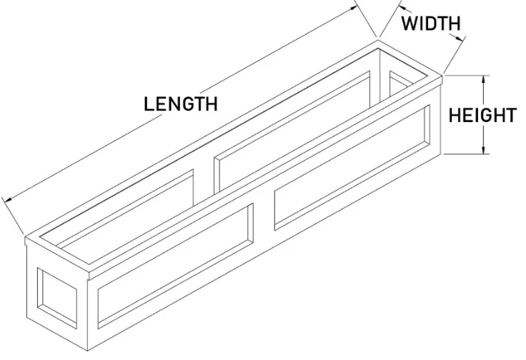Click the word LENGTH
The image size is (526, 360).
tap(181, 104)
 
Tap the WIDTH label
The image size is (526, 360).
tap(431, 24)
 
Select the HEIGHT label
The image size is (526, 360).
tap(482, 115)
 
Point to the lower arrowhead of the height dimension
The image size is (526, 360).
tap(483, 150)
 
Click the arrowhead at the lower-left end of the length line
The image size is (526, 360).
tap(8, 199)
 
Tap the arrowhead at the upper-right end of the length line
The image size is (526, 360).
tap(354, 8)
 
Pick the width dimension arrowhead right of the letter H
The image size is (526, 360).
tap(460, 38)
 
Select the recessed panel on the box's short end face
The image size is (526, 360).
tap(56, 298)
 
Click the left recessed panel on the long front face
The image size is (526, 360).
tap(175, 266)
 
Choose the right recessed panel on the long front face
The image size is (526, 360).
tap(352, 168)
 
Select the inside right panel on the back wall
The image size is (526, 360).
tap(292, 132)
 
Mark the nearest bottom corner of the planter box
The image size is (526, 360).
tap(88, 351)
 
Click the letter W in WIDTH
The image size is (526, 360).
tap(410, 24)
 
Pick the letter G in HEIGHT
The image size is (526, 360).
tap(486, 115)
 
